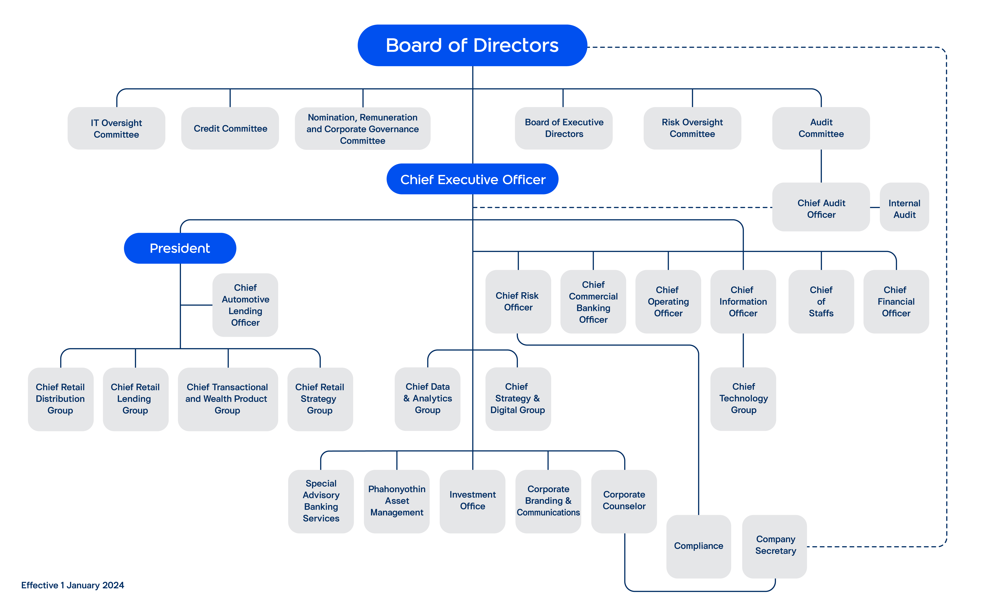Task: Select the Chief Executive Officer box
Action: point(472,179)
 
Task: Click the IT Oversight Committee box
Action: point(116,128)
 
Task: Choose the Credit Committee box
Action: point(230,128)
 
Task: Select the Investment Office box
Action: point(472,501)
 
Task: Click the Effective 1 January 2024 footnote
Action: point(73,585)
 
